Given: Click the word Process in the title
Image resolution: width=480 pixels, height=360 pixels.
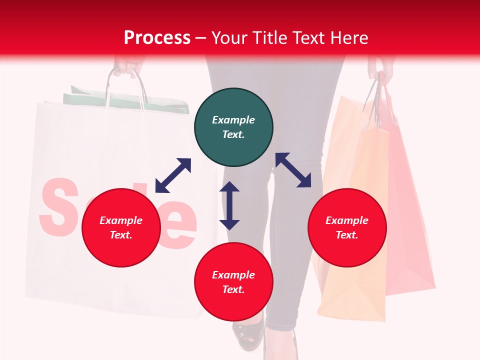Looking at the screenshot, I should pos(157,38).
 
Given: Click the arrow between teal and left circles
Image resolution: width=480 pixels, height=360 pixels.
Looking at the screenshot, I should pos(173,175).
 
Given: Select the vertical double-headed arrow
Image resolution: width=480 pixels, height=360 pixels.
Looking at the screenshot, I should pos(229,205).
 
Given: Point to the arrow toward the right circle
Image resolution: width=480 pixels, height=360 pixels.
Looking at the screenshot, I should pos(293,170).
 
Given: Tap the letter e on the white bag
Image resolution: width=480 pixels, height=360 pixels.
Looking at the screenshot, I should pos(180,225).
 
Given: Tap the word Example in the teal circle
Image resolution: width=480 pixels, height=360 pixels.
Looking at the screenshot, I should pos(233,120).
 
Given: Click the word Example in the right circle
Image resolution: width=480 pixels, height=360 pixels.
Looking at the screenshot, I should pos(347,220).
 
